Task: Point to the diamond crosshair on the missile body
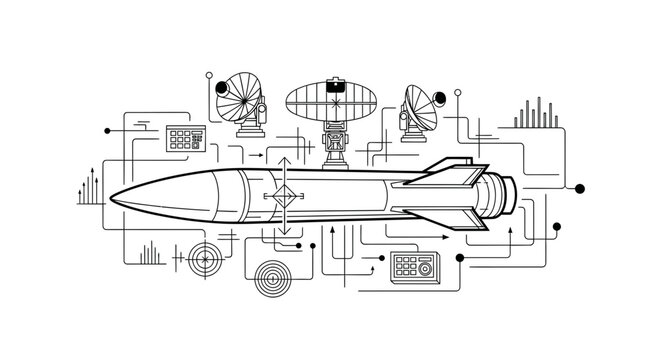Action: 285,196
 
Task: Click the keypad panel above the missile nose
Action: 186,138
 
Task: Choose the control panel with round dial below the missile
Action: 412,265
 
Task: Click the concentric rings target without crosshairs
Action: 273,274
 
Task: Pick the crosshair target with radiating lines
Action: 204,260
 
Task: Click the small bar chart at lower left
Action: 151,253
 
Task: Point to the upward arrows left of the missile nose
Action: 88,187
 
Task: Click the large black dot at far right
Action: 580,188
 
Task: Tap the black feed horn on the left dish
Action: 222,88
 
